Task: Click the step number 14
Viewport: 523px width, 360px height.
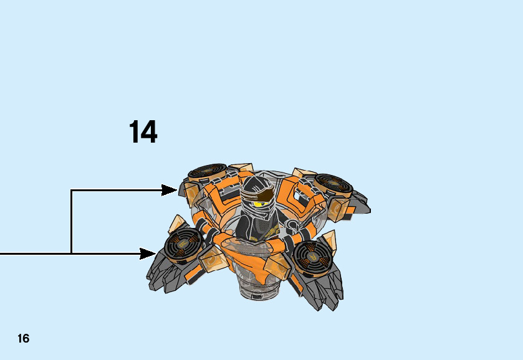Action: click(x=143, y=132)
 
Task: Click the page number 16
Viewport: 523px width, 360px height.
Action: click(x=23, y=339)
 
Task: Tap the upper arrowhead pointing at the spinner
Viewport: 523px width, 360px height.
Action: click(x=170, y=190)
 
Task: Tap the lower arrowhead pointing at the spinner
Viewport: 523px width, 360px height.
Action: click(x=148, y=253)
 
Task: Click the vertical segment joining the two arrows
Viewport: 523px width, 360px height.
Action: click(x=72, y=222)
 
